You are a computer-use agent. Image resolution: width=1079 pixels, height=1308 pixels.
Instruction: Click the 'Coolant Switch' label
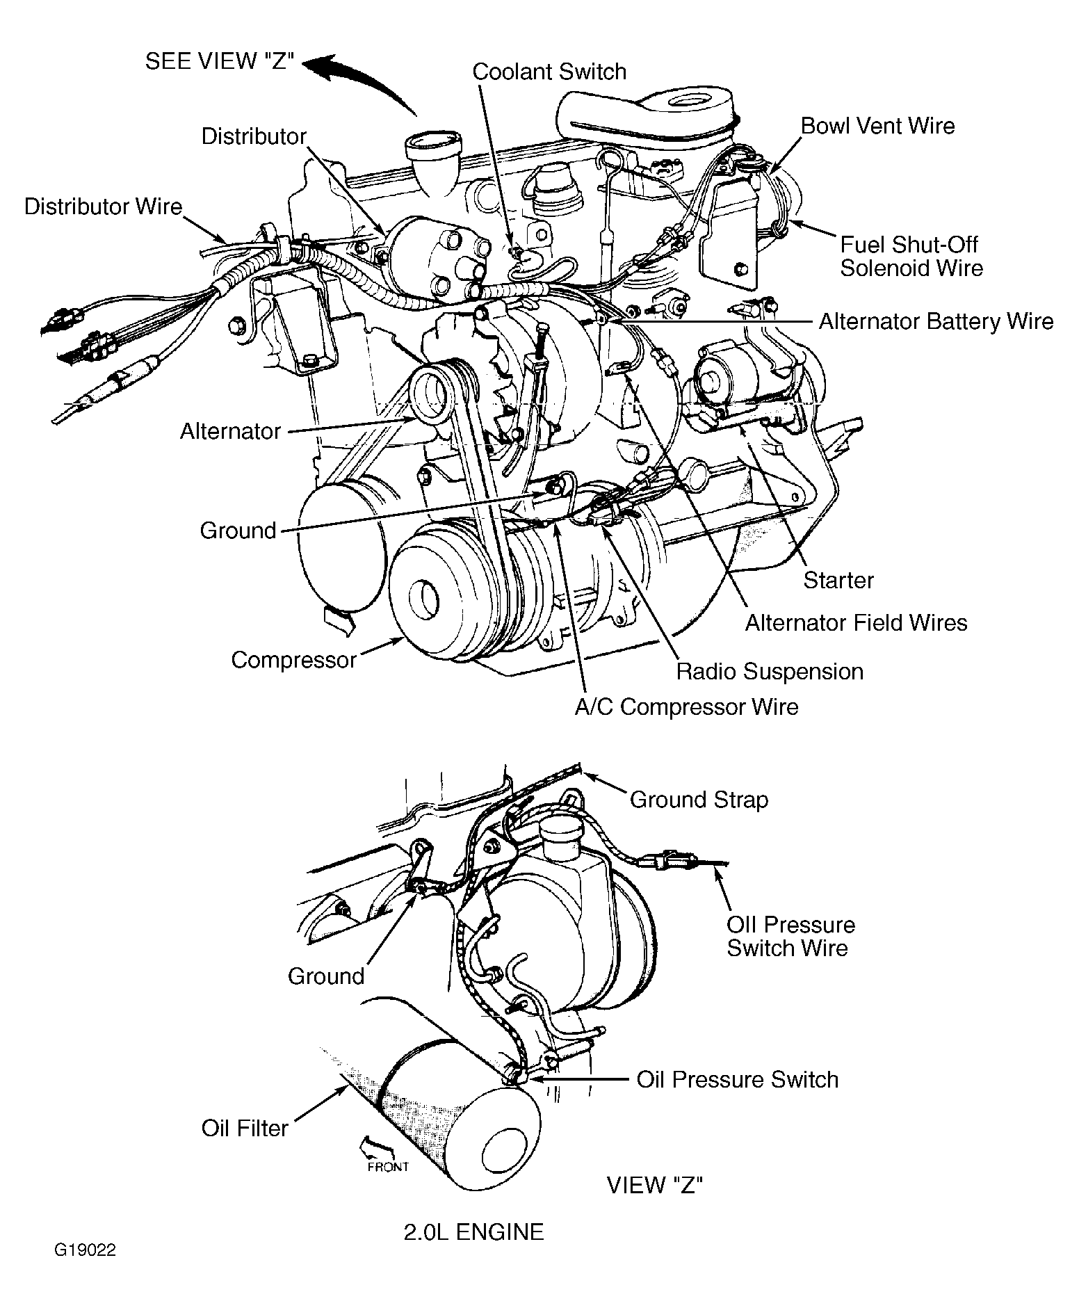coord(549,72)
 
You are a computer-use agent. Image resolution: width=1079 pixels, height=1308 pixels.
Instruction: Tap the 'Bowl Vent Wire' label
coord(878,126)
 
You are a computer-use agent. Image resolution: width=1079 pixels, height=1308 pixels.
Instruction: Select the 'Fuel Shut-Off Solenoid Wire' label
coord(911,256)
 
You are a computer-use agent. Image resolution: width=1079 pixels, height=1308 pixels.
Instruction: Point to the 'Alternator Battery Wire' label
coord(936,321)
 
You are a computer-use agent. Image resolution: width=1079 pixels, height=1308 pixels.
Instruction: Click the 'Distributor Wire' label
coord(103,207)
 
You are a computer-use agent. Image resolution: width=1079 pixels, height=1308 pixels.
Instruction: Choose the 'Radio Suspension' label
coord(770,672)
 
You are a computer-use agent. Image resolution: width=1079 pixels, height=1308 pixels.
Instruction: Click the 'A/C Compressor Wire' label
coord(686,707)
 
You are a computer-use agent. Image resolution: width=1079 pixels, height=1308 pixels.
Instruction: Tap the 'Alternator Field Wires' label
coord(856,622)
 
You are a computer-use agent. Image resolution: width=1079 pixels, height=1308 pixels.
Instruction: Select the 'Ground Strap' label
coord(699,800)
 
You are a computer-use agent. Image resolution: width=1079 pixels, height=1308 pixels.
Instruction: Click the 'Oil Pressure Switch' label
coord(738,1079)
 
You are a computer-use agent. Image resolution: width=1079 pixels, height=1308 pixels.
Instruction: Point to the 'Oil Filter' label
coord(245,1128)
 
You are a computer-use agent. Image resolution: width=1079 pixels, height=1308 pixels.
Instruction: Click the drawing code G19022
coord(86,1270)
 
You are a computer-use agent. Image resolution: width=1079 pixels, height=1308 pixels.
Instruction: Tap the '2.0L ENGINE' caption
coord(473,1232)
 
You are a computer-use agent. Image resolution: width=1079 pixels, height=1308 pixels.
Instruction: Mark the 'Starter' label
coord(838,581)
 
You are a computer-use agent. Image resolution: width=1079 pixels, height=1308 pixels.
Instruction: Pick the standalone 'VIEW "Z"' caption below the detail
coord(655,1185)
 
